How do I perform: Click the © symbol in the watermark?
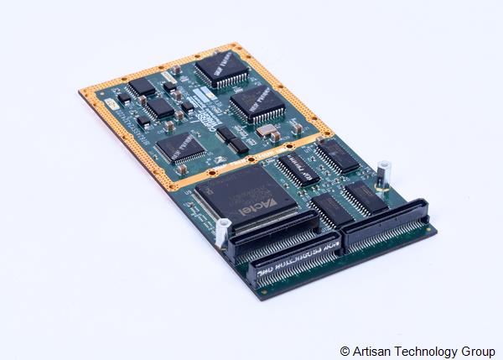(345, 350)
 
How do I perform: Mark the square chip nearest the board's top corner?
(222, 70)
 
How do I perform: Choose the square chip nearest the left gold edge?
(182, 148)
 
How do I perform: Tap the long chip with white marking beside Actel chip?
(298, 164)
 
